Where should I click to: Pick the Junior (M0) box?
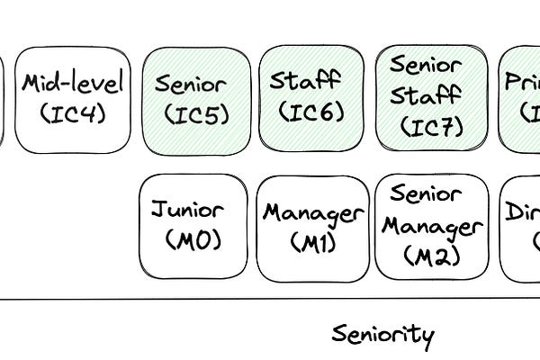point(193,226)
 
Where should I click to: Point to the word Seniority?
point(382,335)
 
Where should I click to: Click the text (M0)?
point(193,241)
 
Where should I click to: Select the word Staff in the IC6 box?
point(307,82)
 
